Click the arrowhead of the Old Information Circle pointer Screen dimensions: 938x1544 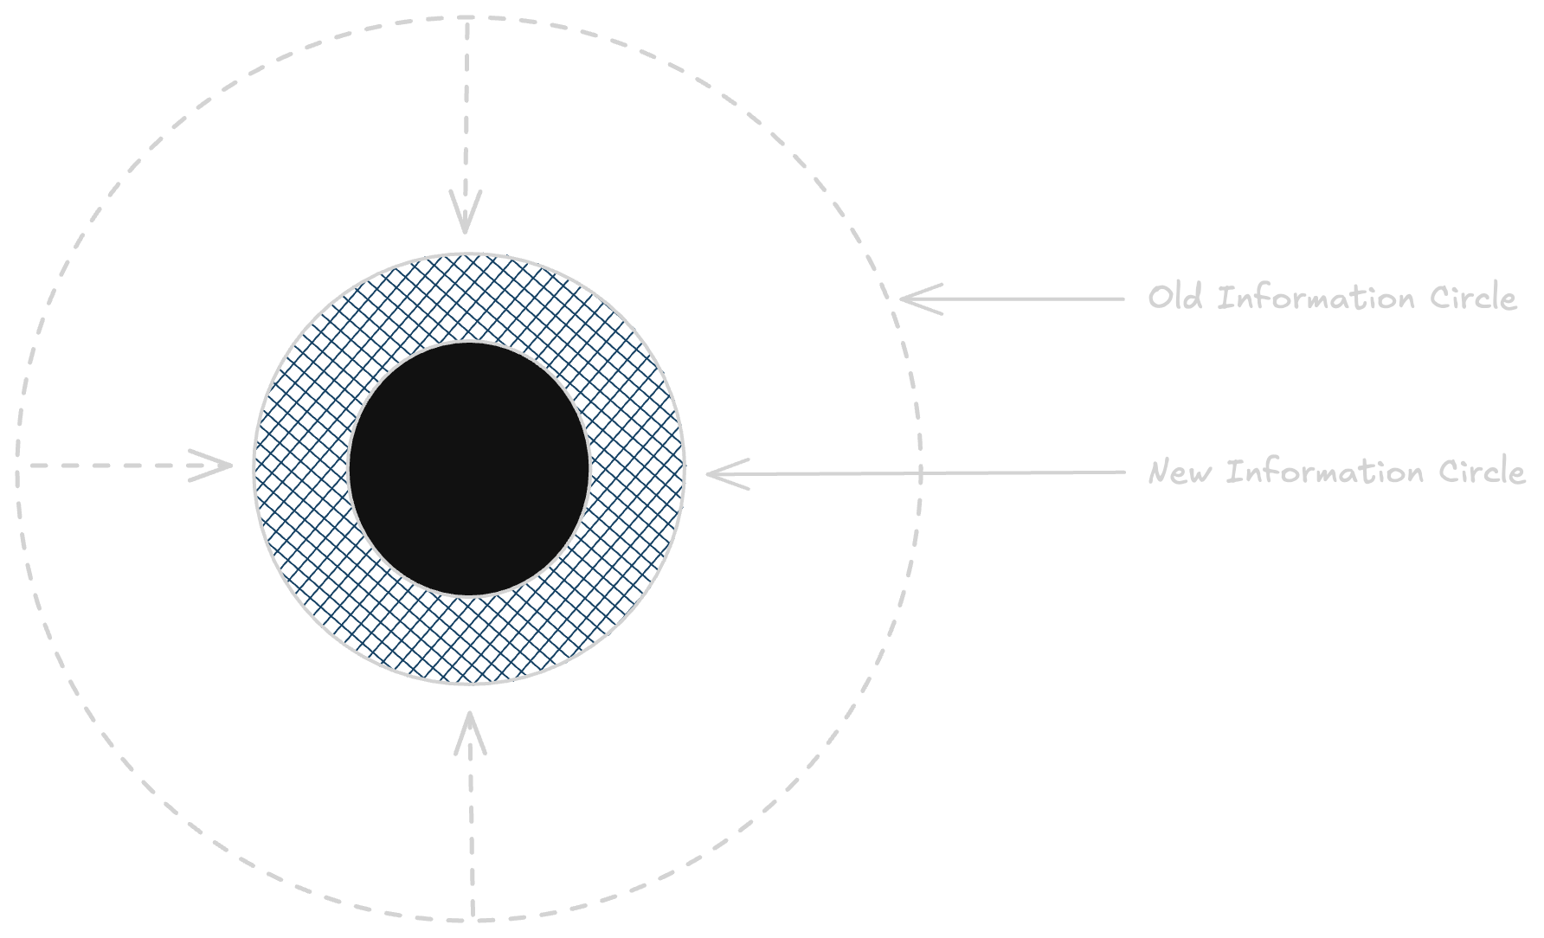click(905, 299)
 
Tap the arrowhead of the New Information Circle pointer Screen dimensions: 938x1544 click(711, 473)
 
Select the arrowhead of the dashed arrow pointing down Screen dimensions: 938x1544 click(466, 227)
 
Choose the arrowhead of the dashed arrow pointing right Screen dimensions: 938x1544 click(227, 466)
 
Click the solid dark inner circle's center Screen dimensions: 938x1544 click(469, 468)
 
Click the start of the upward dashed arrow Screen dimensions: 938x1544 click(473, 916)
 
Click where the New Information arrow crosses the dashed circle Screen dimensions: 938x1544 click(920, 473)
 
